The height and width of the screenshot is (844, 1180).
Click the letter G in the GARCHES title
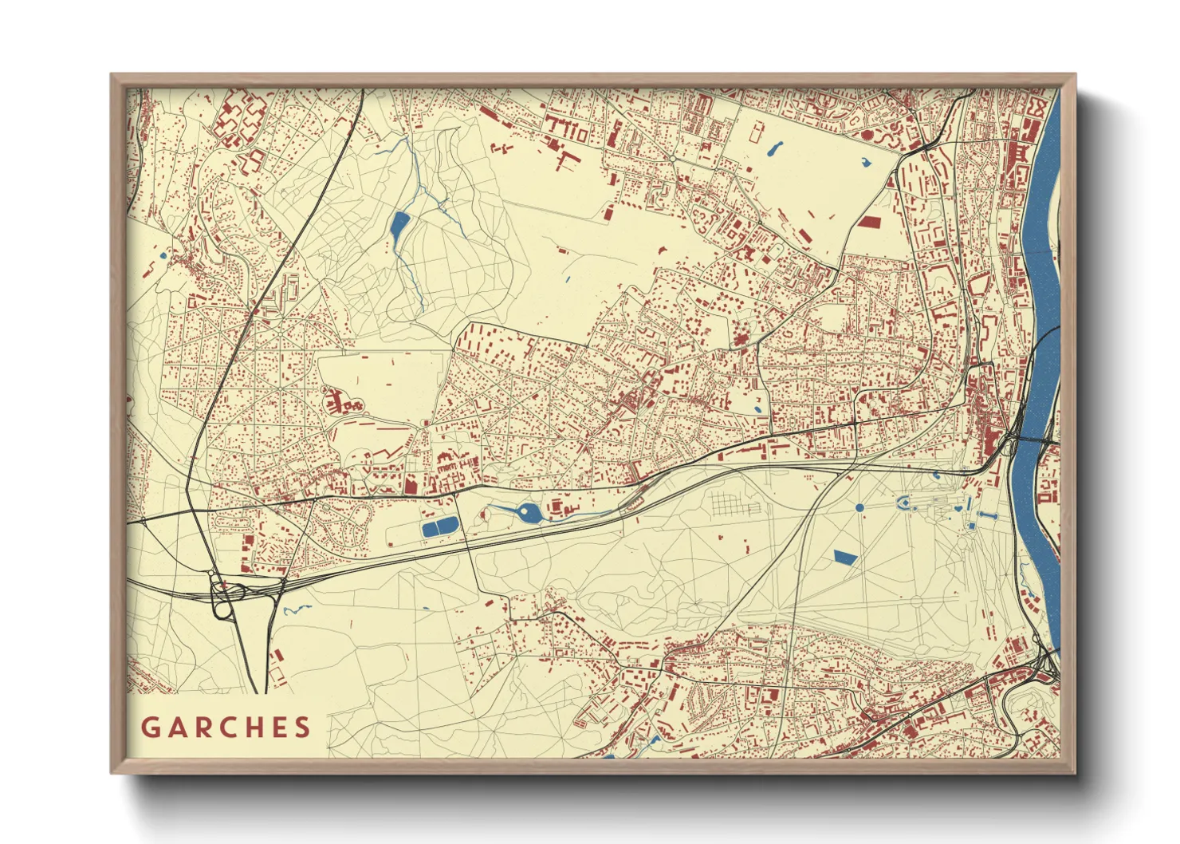coord(151,728)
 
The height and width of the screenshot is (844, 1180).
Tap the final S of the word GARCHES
coord(301,728)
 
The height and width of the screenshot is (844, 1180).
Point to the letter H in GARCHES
coord(254,728)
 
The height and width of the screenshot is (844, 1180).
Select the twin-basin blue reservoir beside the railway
coord(440,527)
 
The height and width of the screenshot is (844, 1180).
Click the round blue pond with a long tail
coord(526,511)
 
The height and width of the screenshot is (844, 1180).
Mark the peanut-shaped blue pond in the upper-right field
coord(773,148)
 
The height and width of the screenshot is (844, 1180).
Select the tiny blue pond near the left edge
coord(163,256)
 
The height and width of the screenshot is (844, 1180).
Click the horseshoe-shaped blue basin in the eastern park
coord(905,502)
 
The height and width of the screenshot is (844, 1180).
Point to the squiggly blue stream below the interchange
coord(295,609)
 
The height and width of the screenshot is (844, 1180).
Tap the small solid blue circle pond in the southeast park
coord(859,507)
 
